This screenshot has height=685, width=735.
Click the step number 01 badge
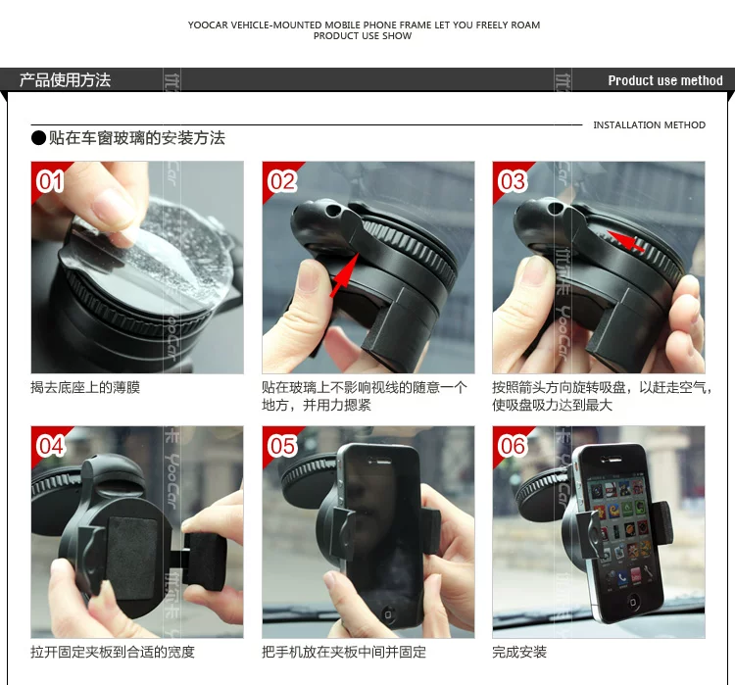(50, 181)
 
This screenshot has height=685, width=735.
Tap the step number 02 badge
(281, 181)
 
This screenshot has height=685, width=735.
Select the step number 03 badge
(513, 181)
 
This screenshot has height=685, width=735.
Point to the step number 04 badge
(50, 446)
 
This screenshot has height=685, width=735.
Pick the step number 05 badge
(281, 446)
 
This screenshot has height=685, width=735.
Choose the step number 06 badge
(513, 446)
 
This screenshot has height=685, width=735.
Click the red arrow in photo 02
(344, 274)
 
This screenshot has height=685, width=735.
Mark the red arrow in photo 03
(626, 241)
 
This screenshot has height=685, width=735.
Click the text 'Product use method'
(665, 80)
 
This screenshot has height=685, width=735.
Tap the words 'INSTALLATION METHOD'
(649, 125)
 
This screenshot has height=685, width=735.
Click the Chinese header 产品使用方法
(65, 80)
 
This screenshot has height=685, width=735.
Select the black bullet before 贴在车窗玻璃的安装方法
(38, 138)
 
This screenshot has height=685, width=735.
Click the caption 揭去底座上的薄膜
(85, 387)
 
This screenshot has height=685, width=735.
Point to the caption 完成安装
(519, 652)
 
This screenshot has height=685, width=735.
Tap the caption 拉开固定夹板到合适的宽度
(113, 652)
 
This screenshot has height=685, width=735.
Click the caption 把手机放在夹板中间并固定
(344, 652)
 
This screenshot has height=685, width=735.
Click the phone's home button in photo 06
(633, 602)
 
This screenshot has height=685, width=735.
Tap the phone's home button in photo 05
(388, 614)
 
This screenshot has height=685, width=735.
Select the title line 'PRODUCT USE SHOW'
(363, 36)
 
